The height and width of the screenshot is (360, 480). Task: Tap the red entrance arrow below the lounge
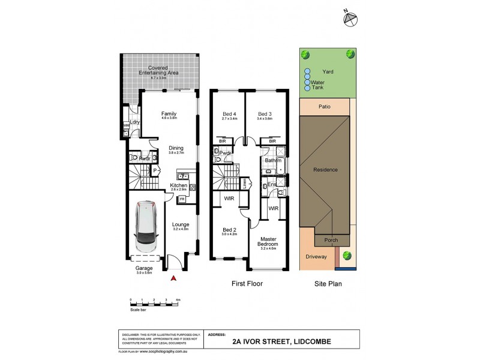coord(174,278)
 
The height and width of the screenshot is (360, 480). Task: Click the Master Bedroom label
coord(267,242)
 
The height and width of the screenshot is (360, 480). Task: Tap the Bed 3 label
coord(265,115)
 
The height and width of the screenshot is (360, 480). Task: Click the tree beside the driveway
coord(346,255)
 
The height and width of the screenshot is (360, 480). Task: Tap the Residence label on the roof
coord(325,169)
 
